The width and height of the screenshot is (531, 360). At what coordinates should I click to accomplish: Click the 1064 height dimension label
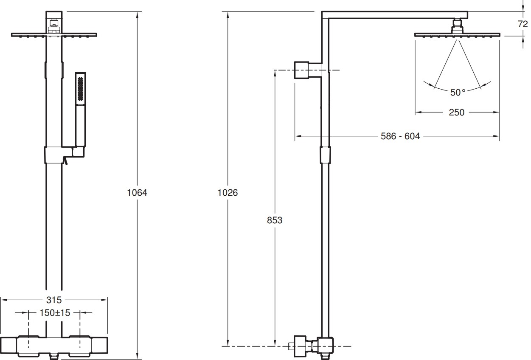tap(137, 193)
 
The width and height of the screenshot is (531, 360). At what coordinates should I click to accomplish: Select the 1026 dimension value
tap(228, 193)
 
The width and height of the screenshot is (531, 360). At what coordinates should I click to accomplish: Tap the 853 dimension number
tap(275, 220)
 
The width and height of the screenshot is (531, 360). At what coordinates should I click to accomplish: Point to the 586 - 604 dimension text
tap(400, 136)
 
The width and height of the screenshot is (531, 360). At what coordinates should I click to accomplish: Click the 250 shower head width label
tap(457, 112)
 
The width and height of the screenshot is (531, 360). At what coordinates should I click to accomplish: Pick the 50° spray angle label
tap(458, 92)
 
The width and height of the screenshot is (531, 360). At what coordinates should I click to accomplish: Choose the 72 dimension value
tap(523, 24)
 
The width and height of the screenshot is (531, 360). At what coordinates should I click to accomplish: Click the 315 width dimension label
tap(54, 300)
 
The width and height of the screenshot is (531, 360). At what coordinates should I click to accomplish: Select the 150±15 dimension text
tap(55, 313)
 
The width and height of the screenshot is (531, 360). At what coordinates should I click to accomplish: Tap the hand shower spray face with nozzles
tap(80, 88)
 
